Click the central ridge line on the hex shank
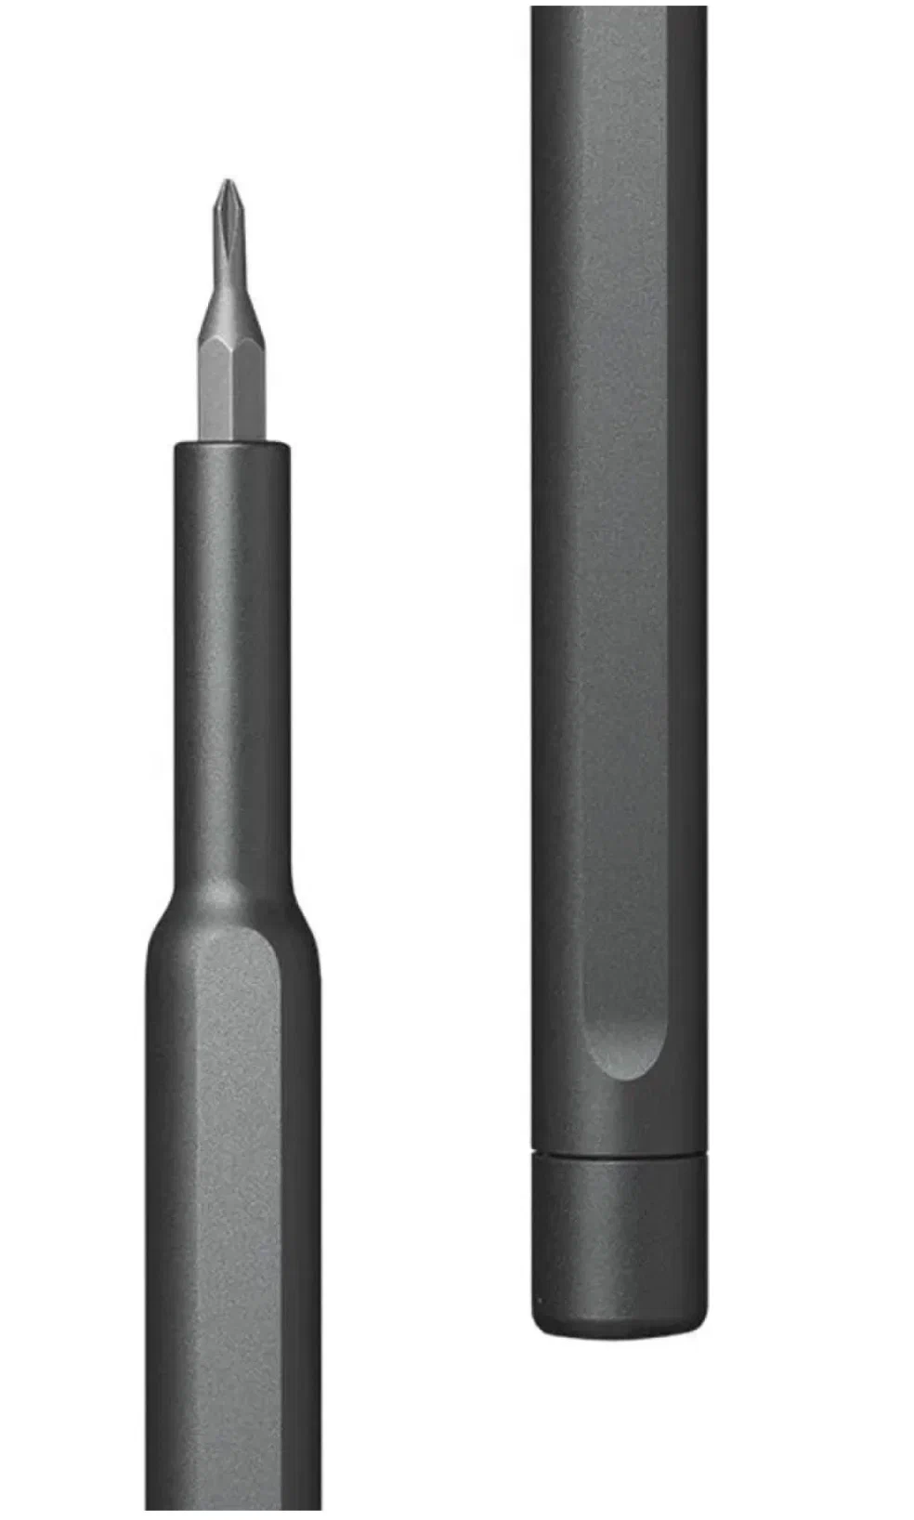231,390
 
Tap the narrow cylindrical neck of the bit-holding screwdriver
230,650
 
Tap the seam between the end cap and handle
619,1155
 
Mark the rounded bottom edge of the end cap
619,1330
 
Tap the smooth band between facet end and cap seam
619,1120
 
